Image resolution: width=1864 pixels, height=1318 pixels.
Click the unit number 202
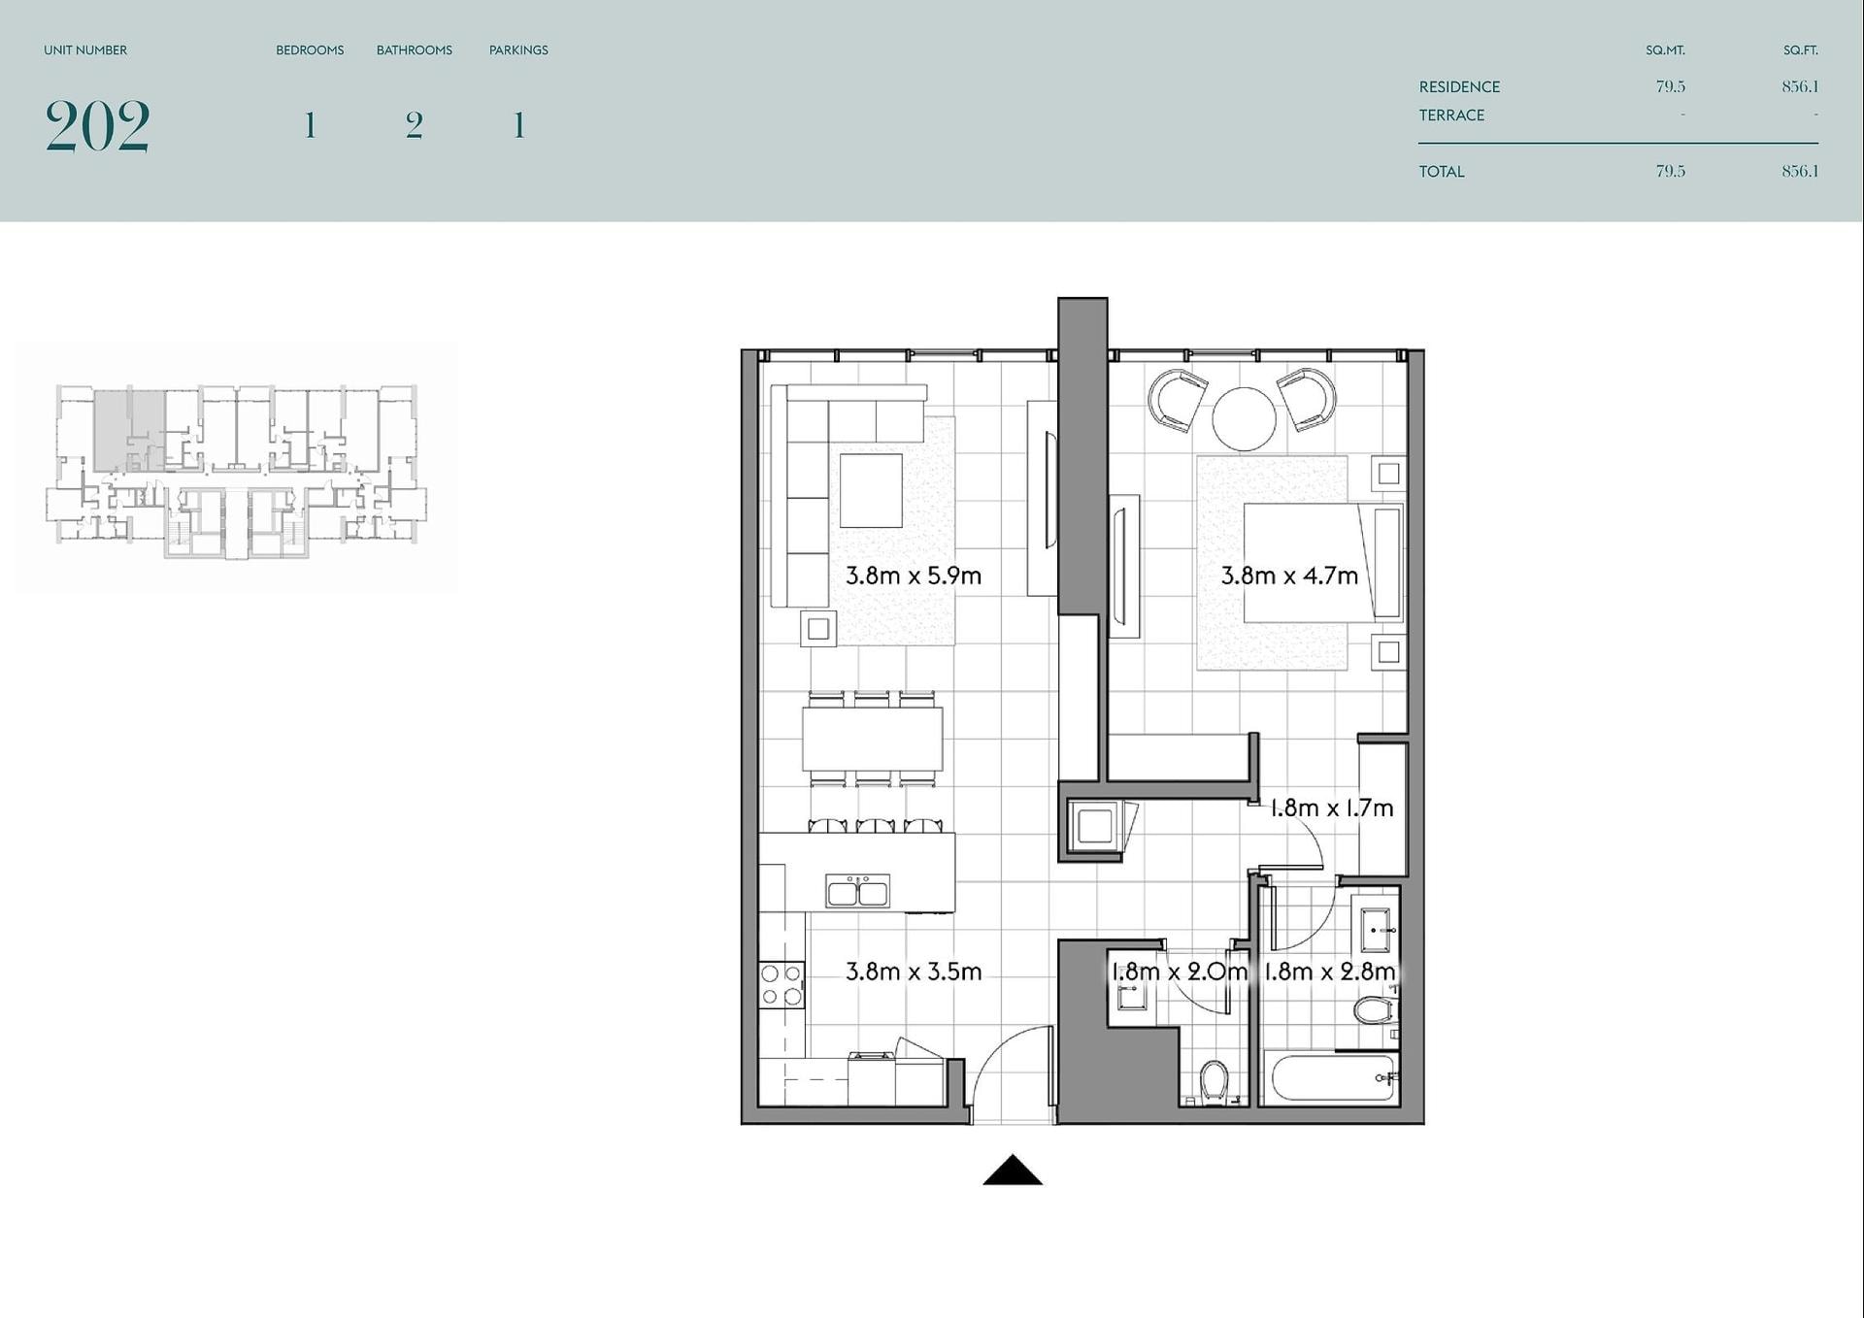pos(97,126)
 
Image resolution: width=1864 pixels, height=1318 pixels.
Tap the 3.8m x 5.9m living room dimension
pos(913,576)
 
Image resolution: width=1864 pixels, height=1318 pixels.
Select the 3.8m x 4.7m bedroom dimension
pos(1288,576)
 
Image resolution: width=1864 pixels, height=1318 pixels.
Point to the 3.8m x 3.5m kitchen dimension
pos(913,972)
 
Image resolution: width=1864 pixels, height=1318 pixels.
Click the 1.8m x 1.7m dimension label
pos(1331,807)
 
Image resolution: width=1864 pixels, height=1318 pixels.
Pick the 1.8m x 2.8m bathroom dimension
pos(1329,972)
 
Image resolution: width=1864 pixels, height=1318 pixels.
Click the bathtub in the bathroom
pos(1331,1078)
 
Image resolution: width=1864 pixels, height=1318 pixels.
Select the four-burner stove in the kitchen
pos(782,984)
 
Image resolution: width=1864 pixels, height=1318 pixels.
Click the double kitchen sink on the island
pos(857,890)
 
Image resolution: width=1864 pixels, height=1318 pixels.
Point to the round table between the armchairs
pos(1244,418)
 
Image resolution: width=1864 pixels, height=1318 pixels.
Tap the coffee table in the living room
pos(871,490)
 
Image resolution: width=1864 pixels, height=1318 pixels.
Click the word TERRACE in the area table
pos(1451,115)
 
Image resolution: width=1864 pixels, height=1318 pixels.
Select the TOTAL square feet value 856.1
pos(1800,171)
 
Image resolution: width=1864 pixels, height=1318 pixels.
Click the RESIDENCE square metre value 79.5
pos(1670,86)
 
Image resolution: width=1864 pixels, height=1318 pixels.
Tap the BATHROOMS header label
pos(415,50)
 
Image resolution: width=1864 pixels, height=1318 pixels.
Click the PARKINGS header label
pos(518,50)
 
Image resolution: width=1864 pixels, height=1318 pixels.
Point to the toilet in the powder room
pos(1214,1081)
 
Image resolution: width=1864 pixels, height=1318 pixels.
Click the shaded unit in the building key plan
pos(128,431)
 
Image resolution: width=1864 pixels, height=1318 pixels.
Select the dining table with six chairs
pos(872,739)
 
